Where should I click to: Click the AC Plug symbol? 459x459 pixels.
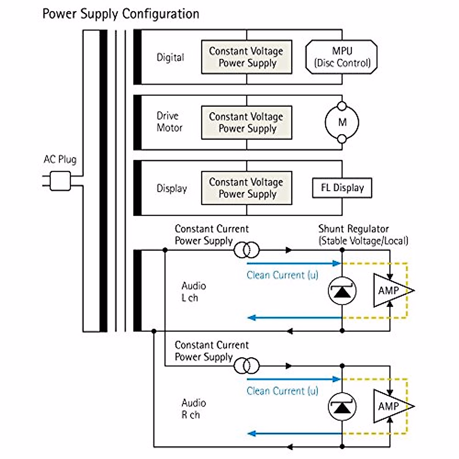pyautogui.click(x=60, y=181)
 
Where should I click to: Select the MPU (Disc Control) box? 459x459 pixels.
pyautogui.click(x=342, y=57)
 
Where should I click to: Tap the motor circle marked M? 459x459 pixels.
pyautogui.click(x=342, y=122)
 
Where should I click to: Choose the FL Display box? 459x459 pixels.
pyautogui.click(x=342, y=188)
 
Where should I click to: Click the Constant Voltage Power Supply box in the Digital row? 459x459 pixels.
pyautogui.click(x=247, y=57)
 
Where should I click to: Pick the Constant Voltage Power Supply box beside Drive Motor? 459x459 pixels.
pyautogui.click(x=247, y=122)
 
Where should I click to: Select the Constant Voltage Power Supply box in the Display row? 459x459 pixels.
pyautogui.click(x=247, y=188)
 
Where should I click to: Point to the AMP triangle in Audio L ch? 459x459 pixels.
pyautogui.click(x=391, y=291)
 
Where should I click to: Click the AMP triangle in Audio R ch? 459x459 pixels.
pyautogui.click(x=391, y=406)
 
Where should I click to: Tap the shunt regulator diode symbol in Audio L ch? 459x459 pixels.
pyautogui.click(x=342, y=291)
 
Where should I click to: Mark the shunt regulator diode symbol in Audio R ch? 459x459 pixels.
pyautogui.click(x=342, y=406)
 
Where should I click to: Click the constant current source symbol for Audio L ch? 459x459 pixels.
pyautogui.click(x=247, y=251)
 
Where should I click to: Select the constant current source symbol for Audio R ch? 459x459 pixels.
pyautogui.click(x=247, y=366)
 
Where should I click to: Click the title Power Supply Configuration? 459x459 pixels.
pyautogui.click(x=120, y=14)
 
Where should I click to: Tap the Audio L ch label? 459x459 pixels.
pyautogui.click(x=194, y=292)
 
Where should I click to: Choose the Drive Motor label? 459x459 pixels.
pyautogui.click(x=169, y=122)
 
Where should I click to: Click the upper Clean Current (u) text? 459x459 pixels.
pyautogui.click(x=282, y=275)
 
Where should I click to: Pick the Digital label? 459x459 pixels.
pyautogui.click(x=170, y=57)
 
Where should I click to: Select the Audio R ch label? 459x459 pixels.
pyautogui.click(x=194, y=409)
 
